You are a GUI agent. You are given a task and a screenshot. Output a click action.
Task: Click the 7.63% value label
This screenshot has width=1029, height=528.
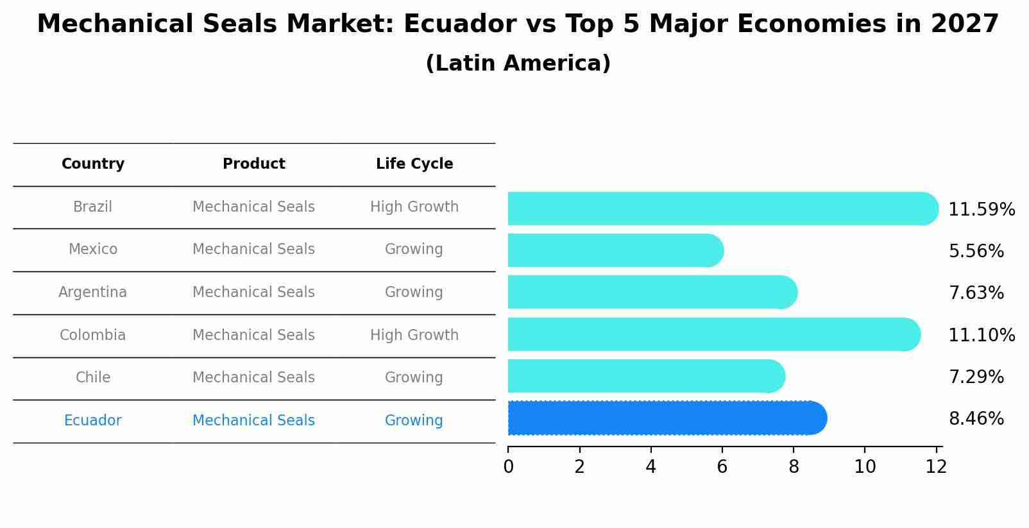976,293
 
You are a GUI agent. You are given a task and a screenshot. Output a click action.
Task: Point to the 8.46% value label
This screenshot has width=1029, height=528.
976,419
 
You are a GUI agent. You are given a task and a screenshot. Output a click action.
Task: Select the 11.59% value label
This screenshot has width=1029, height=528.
981,210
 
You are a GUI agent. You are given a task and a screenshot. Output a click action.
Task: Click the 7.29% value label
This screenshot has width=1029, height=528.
976,377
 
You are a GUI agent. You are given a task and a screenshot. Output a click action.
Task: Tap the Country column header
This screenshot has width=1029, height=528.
93,164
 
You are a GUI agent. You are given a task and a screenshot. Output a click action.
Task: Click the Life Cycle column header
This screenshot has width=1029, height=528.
414,164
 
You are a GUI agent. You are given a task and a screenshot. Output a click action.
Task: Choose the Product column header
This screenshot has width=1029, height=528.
254,164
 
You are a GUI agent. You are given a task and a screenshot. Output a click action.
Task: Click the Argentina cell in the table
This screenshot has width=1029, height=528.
93,293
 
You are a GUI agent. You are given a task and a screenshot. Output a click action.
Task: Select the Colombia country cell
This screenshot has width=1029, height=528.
93,336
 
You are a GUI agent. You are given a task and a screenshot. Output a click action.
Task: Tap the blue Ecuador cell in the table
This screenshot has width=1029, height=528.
93,421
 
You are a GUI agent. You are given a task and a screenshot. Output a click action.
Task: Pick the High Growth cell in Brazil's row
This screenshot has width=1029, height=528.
414,207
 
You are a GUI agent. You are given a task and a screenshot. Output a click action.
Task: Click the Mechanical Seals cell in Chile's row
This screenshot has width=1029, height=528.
254,378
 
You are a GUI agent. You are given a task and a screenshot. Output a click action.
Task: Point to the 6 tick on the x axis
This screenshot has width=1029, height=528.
722,467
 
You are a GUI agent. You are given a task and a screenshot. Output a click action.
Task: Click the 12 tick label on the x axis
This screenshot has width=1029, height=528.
936,467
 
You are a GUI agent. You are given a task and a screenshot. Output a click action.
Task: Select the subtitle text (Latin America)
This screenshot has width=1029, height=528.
518,64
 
